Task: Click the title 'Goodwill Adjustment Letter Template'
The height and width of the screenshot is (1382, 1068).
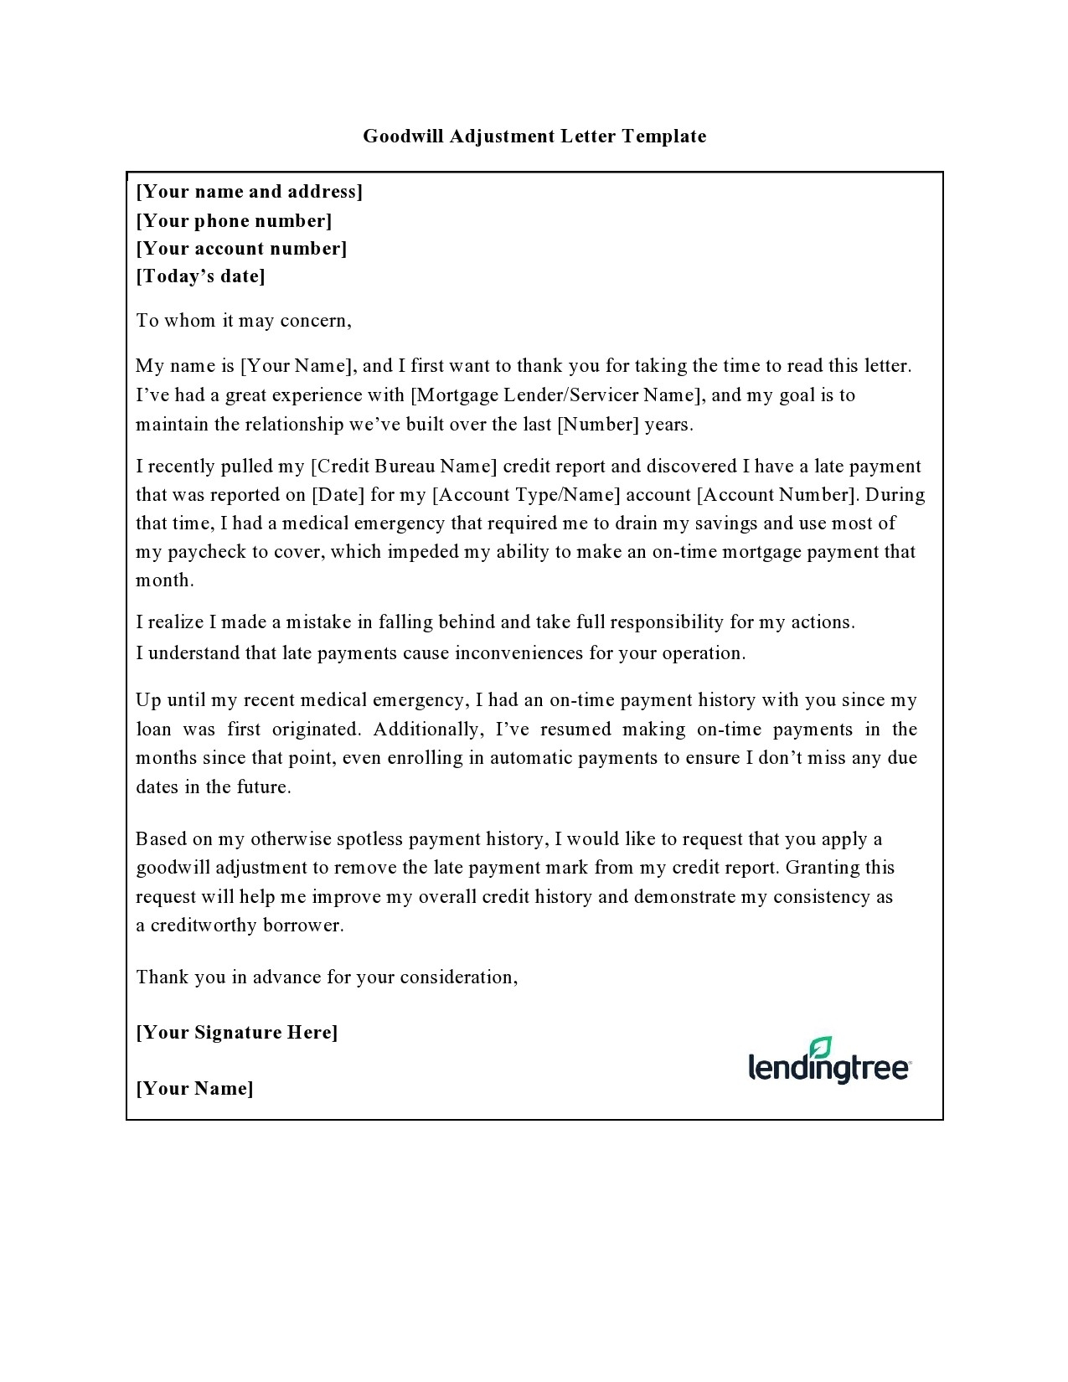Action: point(534,137)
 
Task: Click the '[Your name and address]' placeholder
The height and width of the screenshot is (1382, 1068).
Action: point(250,192)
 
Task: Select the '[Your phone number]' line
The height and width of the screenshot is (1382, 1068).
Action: point(235,221)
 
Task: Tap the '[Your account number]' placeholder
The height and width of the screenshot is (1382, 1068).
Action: point(241,249)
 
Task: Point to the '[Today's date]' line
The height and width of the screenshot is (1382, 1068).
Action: point(201,276)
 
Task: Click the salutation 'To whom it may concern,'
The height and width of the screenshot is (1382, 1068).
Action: point(244,321)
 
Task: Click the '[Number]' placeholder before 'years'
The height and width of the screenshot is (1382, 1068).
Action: point(598,425)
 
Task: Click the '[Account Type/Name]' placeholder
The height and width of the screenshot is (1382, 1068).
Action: point(526,495)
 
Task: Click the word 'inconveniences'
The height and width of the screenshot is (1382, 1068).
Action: point(519,653)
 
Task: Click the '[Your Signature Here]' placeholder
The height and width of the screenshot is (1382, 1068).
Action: point(237,1033)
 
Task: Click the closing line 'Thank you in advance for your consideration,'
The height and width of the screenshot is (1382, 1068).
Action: point(328,977)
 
